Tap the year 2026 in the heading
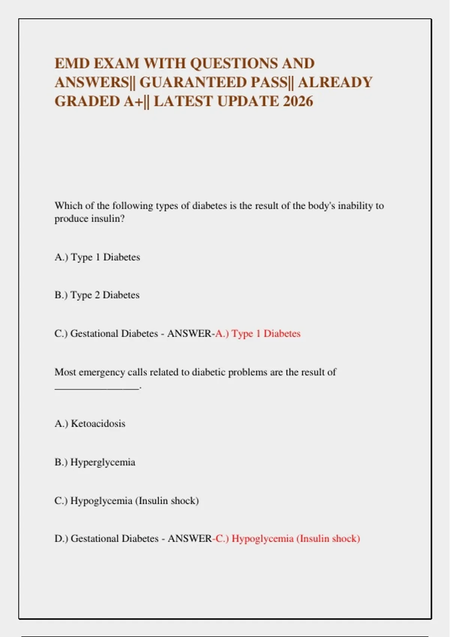pyautogui.click(x=298, y=101)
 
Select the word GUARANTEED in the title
pyautogui.click(x=192, y=82)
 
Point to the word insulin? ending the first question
pyautogui.click(x=107, y=218)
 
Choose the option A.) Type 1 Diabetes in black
pyautogui.click(x=97, y=257)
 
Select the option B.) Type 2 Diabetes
pyautogui.click(x=97, y=295)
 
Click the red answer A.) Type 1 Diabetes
pyautogui.click(x=258, y=333)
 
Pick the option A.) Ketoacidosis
pyautogui.click(x=90, y=424)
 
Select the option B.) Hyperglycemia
pyautogui.click(x=94, y=462)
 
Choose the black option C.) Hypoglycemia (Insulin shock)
pyautogui.click(x=126, y=501)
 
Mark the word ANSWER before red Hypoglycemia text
pyautogui.click(x=189, y=539)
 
